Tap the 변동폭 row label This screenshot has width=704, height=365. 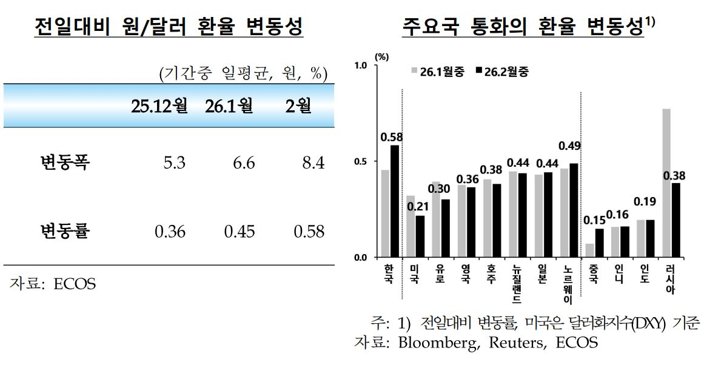click(65, 162)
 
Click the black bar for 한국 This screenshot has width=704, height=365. click(395, 201)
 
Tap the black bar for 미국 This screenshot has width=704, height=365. click(420, 236)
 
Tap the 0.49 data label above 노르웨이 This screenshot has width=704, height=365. click(570, 146)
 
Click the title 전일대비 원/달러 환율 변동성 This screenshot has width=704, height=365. click(169, 28)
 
